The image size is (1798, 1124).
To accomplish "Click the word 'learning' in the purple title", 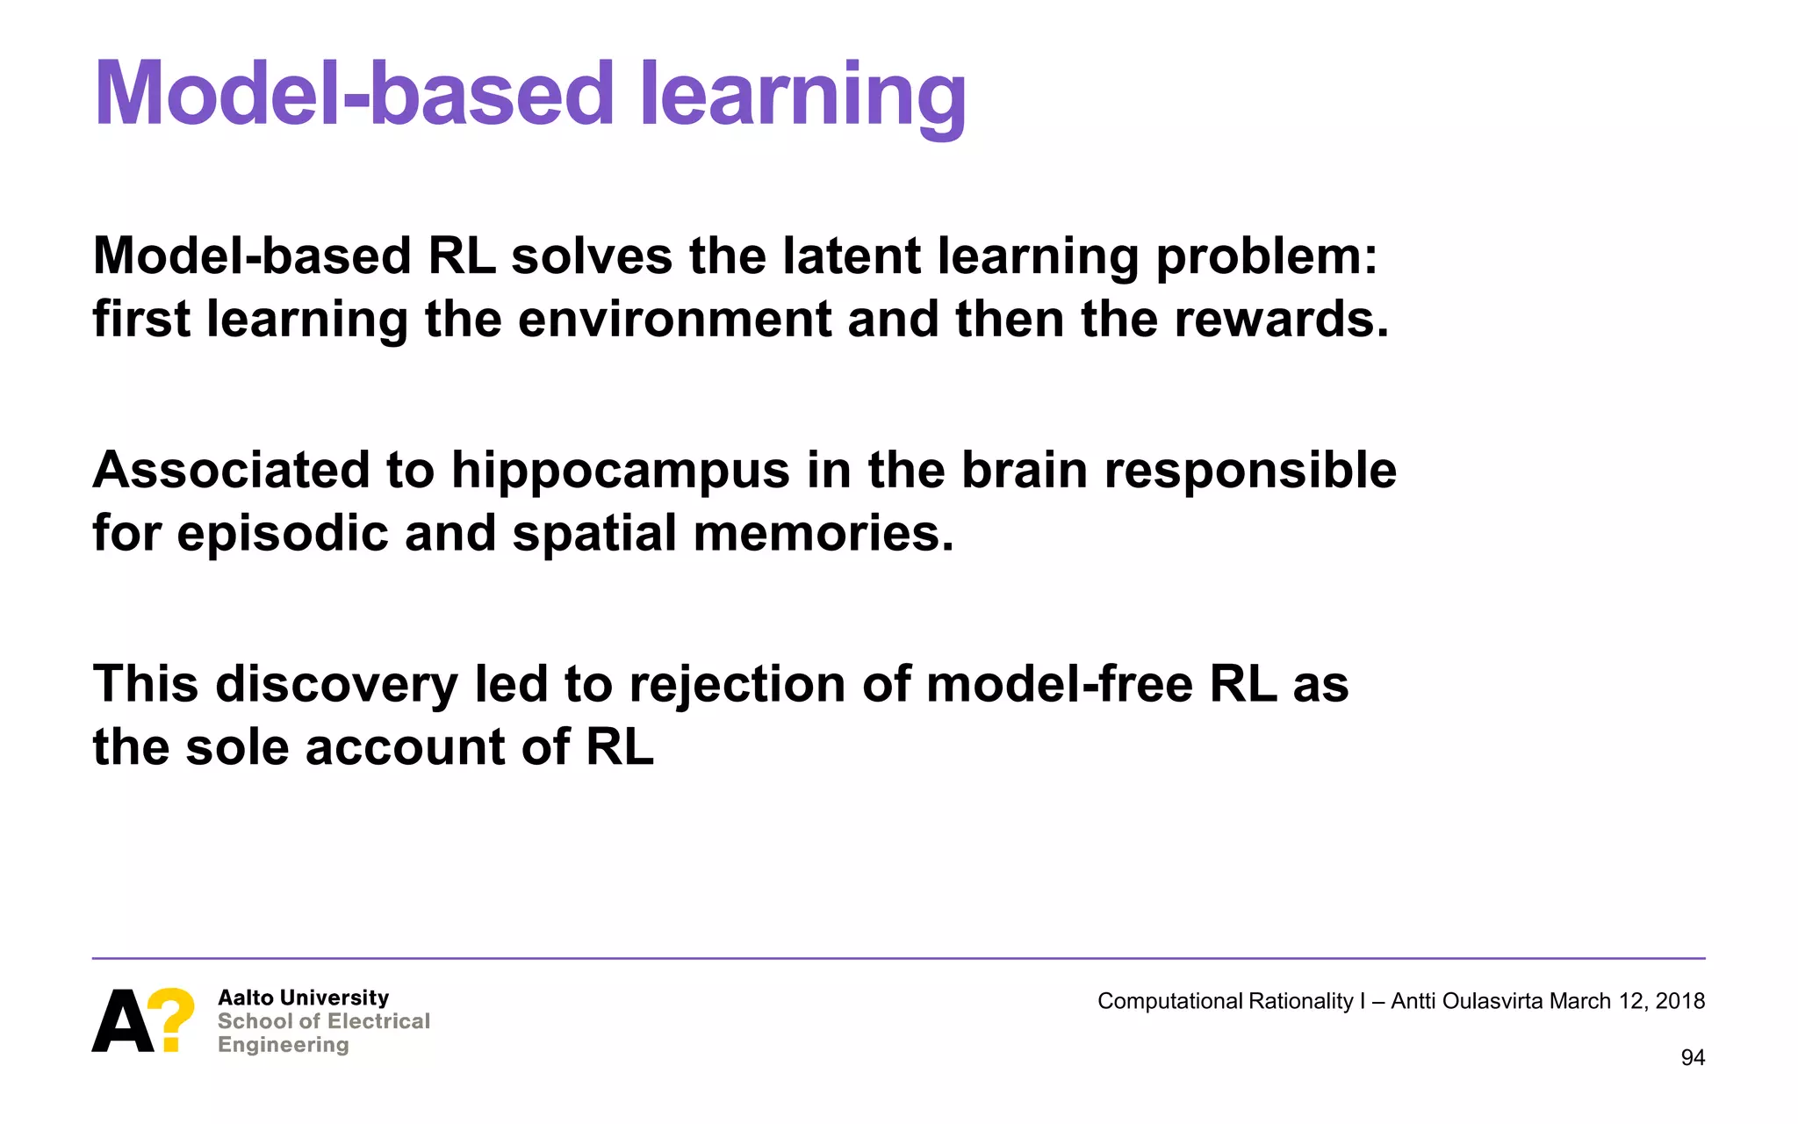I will [802, 95].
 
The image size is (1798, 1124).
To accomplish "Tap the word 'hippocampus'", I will [621, 471].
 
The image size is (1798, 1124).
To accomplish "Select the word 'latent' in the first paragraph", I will [851, 256].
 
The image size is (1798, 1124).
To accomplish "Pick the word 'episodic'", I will [282, 534].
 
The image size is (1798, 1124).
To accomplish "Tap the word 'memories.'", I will [823, 534].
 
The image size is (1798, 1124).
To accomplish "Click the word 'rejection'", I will [737, 685].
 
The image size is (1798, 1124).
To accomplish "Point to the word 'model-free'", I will [1059, 685].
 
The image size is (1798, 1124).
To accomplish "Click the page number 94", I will [1692, 1058].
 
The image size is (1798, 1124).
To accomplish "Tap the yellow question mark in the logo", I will [170, 1019].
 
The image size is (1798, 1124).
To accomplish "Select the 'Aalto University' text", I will [303, 998].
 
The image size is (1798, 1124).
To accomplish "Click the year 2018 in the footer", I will [1679, 1001].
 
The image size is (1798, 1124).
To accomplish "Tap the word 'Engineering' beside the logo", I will [283, 1045].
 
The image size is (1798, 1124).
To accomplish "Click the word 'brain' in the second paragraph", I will [1024, 471].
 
